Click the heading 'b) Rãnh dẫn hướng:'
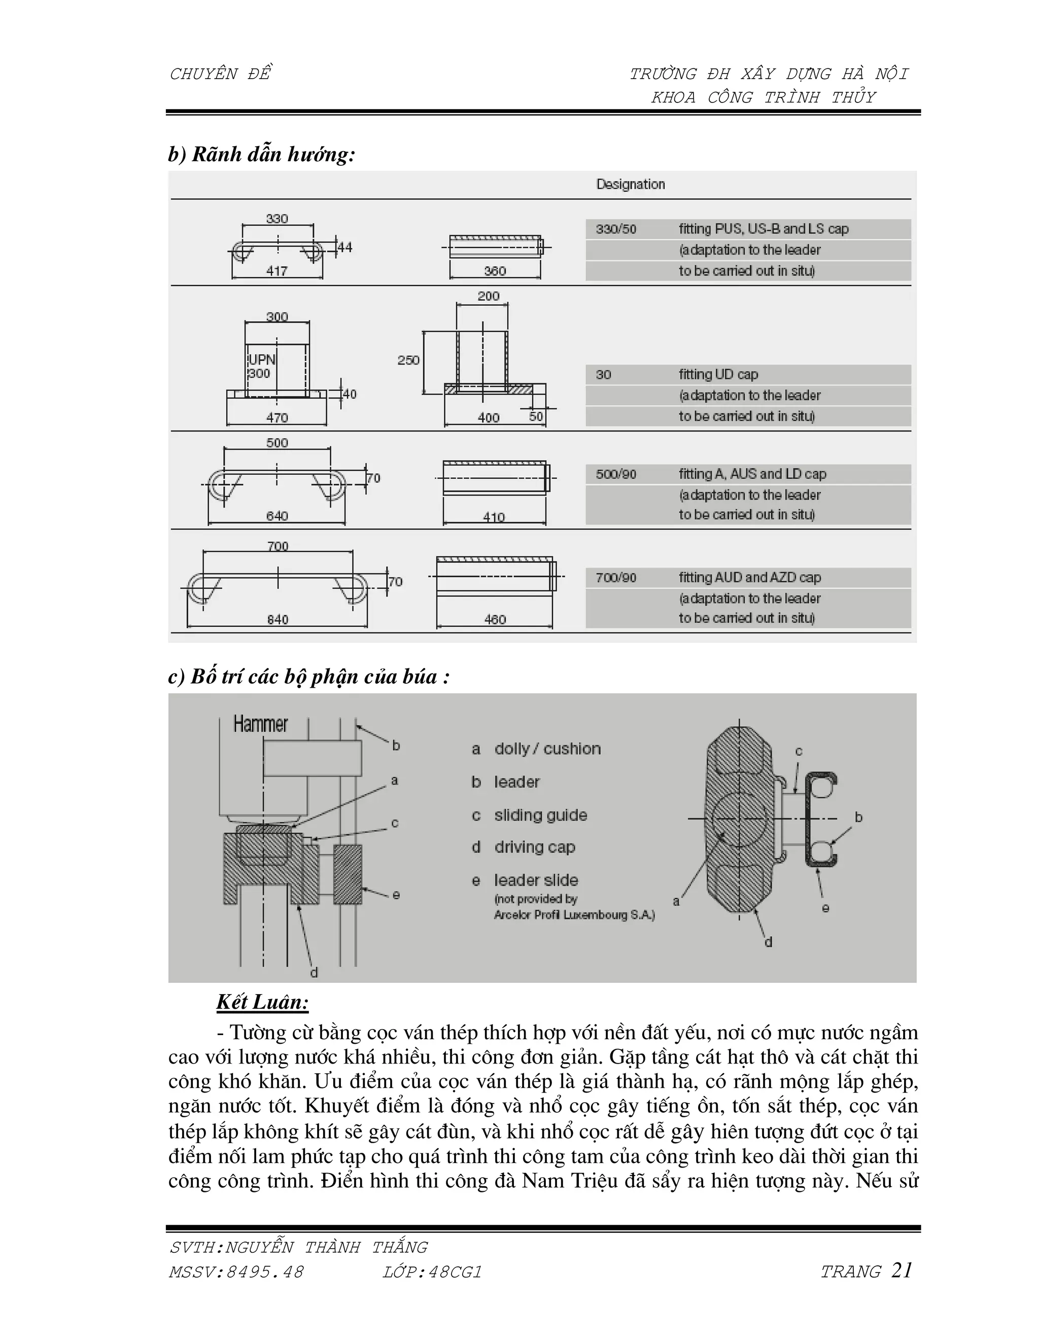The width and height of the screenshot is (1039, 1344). (262, 155)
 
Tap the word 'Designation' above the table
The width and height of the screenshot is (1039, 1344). (630, 184)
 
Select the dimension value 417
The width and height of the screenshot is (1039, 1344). (276, 271)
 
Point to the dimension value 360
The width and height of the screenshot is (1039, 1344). (494, 271)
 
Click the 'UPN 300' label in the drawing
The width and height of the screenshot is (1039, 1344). (261, 366)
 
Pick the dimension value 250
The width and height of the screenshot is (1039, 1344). (408, 360)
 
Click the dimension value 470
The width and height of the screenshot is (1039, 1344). (276, 417)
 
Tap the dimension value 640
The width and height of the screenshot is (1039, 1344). (276, 516)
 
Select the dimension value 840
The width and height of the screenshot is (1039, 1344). (277, 619)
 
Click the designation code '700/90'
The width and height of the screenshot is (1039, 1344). (615, 578)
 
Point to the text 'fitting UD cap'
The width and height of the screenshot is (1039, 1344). (718, 374)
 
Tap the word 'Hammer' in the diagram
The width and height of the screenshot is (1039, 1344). (260, 724)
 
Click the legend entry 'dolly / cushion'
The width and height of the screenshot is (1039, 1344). (547, 749)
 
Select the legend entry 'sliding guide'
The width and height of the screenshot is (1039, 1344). (540, 816)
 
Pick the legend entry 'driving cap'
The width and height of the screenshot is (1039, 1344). (534, 847)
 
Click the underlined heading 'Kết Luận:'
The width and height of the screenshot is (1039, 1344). (262, 1003)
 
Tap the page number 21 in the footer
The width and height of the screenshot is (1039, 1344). (901, 1270)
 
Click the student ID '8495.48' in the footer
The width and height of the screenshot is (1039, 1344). (265, 1272)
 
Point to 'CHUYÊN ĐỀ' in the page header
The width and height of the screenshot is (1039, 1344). (220, 74)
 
